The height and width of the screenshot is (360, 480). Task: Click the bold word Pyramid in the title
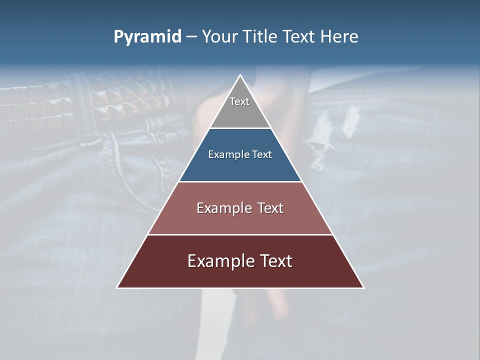[x=147, y=37]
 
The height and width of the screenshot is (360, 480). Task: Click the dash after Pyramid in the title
[x=191, y=37]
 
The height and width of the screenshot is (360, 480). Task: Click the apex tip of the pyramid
[x=240, y=76]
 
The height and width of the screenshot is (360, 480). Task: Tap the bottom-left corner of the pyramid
[x=118, y=287]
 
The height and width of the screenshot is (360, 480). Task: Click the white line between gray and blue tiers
[x=240, y=128]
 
